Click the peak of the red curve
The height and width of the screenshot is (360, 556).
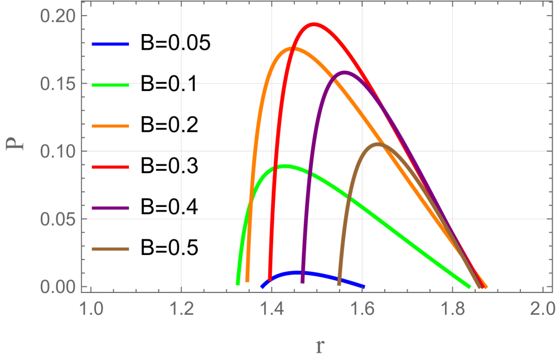pos(313,25)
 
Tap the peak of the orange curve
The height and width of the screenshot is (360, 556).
pos(293,49)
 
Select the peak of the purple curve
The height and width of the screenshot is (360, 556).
pos(344,72)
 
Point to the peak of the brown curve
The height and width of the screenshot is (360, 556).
pos(379,144)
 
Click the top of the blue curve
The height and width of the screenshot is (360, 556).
pos(301,272)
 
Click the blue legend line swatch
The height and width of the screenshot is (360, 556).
pos(110,44)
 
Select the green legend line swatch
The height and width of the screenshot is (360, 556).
pos(110,85)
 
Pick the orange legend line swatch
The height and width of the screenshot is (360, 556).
pos(110,126)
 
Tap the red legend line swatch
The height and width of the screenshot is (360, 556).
pos(110,167)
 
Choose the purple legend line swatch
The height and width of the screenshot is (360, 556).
pos(110,208)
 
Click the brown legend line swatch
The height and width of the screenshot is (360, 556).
pos(110,249)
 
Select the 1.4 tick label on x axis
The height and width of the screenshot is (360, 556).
pos(272,309)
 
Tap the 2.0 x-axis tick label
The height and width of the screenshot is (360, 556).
pos(542,309)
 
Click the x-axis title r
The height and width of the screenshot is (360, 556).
pos(319,346)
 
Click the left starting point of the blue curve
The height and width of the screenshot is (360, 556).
pos(262,286)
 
